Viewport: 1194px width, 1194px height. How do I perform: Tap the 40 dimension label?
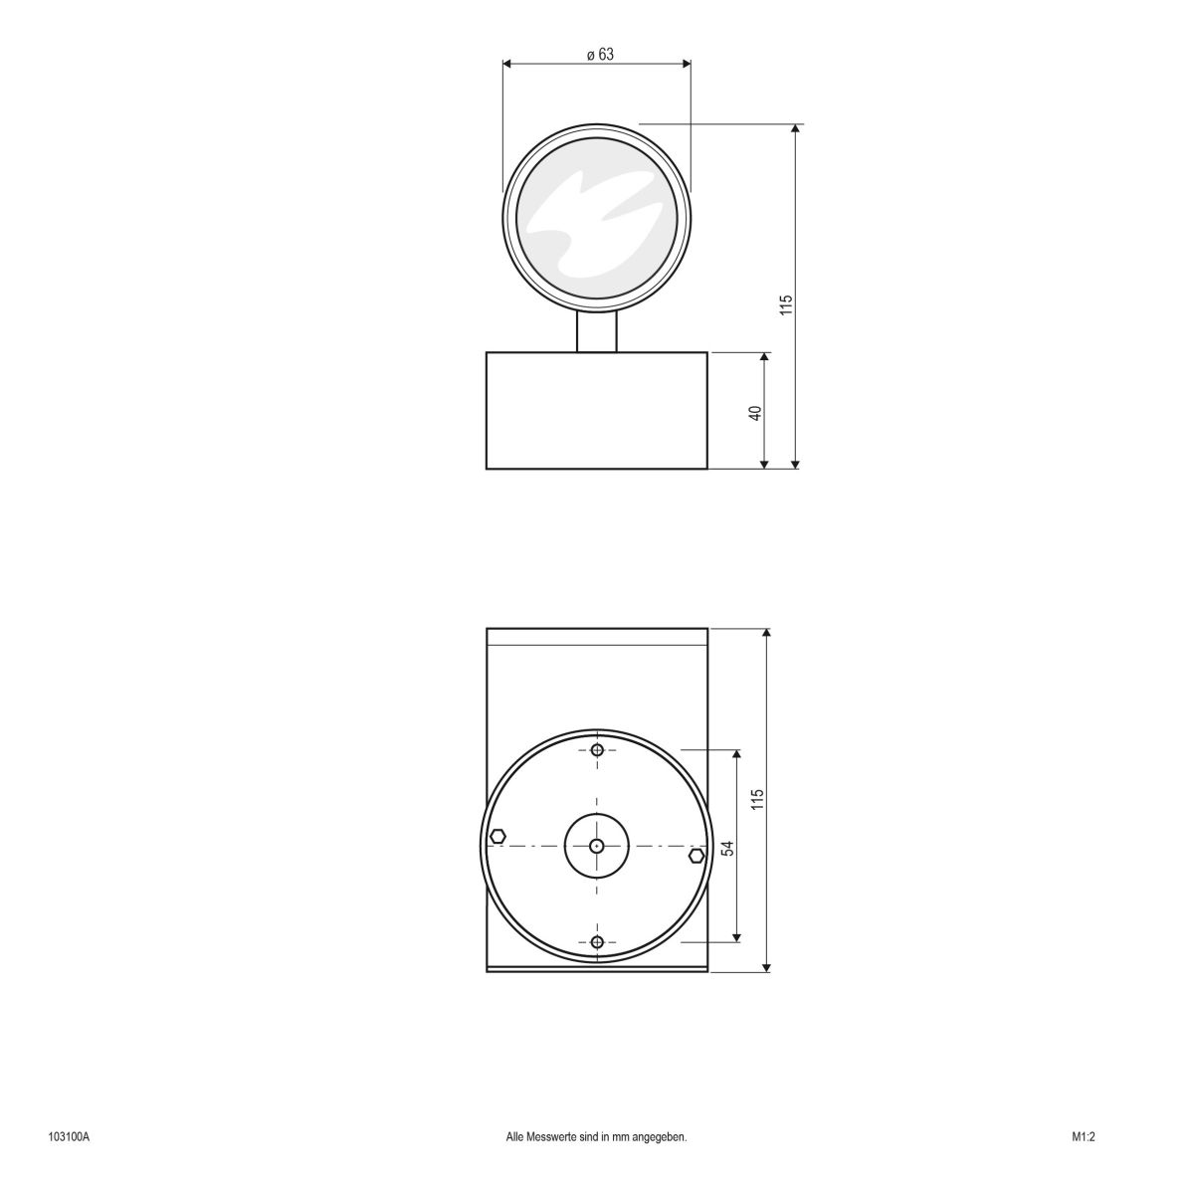tap(755, 412)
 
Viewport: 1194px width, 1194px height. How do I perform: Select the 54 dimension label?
tap(727, 848)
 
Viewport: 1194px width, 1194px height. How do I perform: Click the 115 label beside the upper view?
tap(785, 305)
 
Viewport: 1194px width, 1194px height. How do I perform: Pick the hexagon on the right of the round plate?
tap(696, 856)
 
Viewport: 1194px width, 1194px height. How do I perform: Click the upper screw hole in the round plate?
tap(597, 749)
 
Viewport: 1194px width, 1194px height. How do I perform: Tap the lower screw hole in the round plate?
tap(597, 941)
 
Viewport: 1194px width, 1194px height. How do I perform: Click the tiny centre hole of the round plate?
tap(596, 846)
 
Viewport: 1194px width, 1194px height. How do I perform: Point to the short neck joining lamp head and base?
tap(597, 331)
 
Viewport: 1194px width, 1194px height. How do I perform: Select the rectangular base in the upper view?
tap(597, 410)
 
